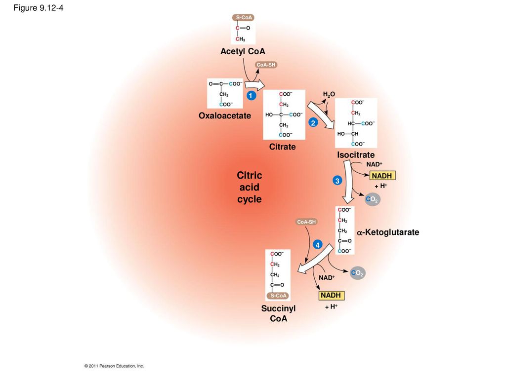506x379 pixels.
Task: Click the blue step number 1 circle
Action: (x=251, y=95)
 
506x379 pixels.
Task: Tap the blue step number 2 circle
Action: (x=313, y=123)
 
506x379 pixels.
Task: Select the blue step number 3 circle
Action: (x=337, y=181)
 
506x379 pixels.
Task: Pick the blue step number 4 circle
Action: (x=318, y=245)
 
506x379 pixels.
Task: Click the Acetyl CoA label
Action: (x=243, y=51)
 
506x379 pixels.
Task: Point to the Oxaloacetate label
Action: (x=225, y=115)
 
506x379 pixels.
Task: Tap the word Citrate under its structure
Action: (x=282, y=147)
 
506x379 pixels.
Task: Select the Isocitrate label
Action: (x=356, y=155)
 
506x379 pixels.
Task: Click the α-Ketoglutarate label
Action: (x=388, y=232)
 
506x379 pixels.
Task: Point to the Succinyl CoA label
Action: (x=279, y=313)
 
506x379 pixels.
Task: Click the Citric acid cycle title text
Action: (x=250, y=187)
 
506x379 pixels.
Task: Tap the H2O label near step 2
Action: (x=329, y=94)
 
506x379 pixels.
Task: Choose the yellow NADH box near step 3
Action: (x=382, y=176)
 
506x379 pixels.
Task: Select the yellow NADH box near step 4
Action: (x=332, y=295)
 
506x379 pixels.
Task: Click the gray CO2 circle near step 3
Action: (x=373, y=199)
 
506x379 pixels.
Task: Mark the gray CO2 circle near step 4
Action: (x=358, y=273)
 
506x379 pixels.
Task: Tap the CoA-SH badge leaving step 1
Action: (x=266, y=65)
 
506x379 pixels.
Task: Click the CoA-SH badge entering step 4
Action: (x=306, y=222)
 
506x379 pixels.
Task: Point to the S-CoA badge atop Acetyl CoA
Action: (x=244, y=17)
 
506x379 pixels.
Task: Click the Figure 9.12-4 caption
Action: (x=39, y=8)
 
